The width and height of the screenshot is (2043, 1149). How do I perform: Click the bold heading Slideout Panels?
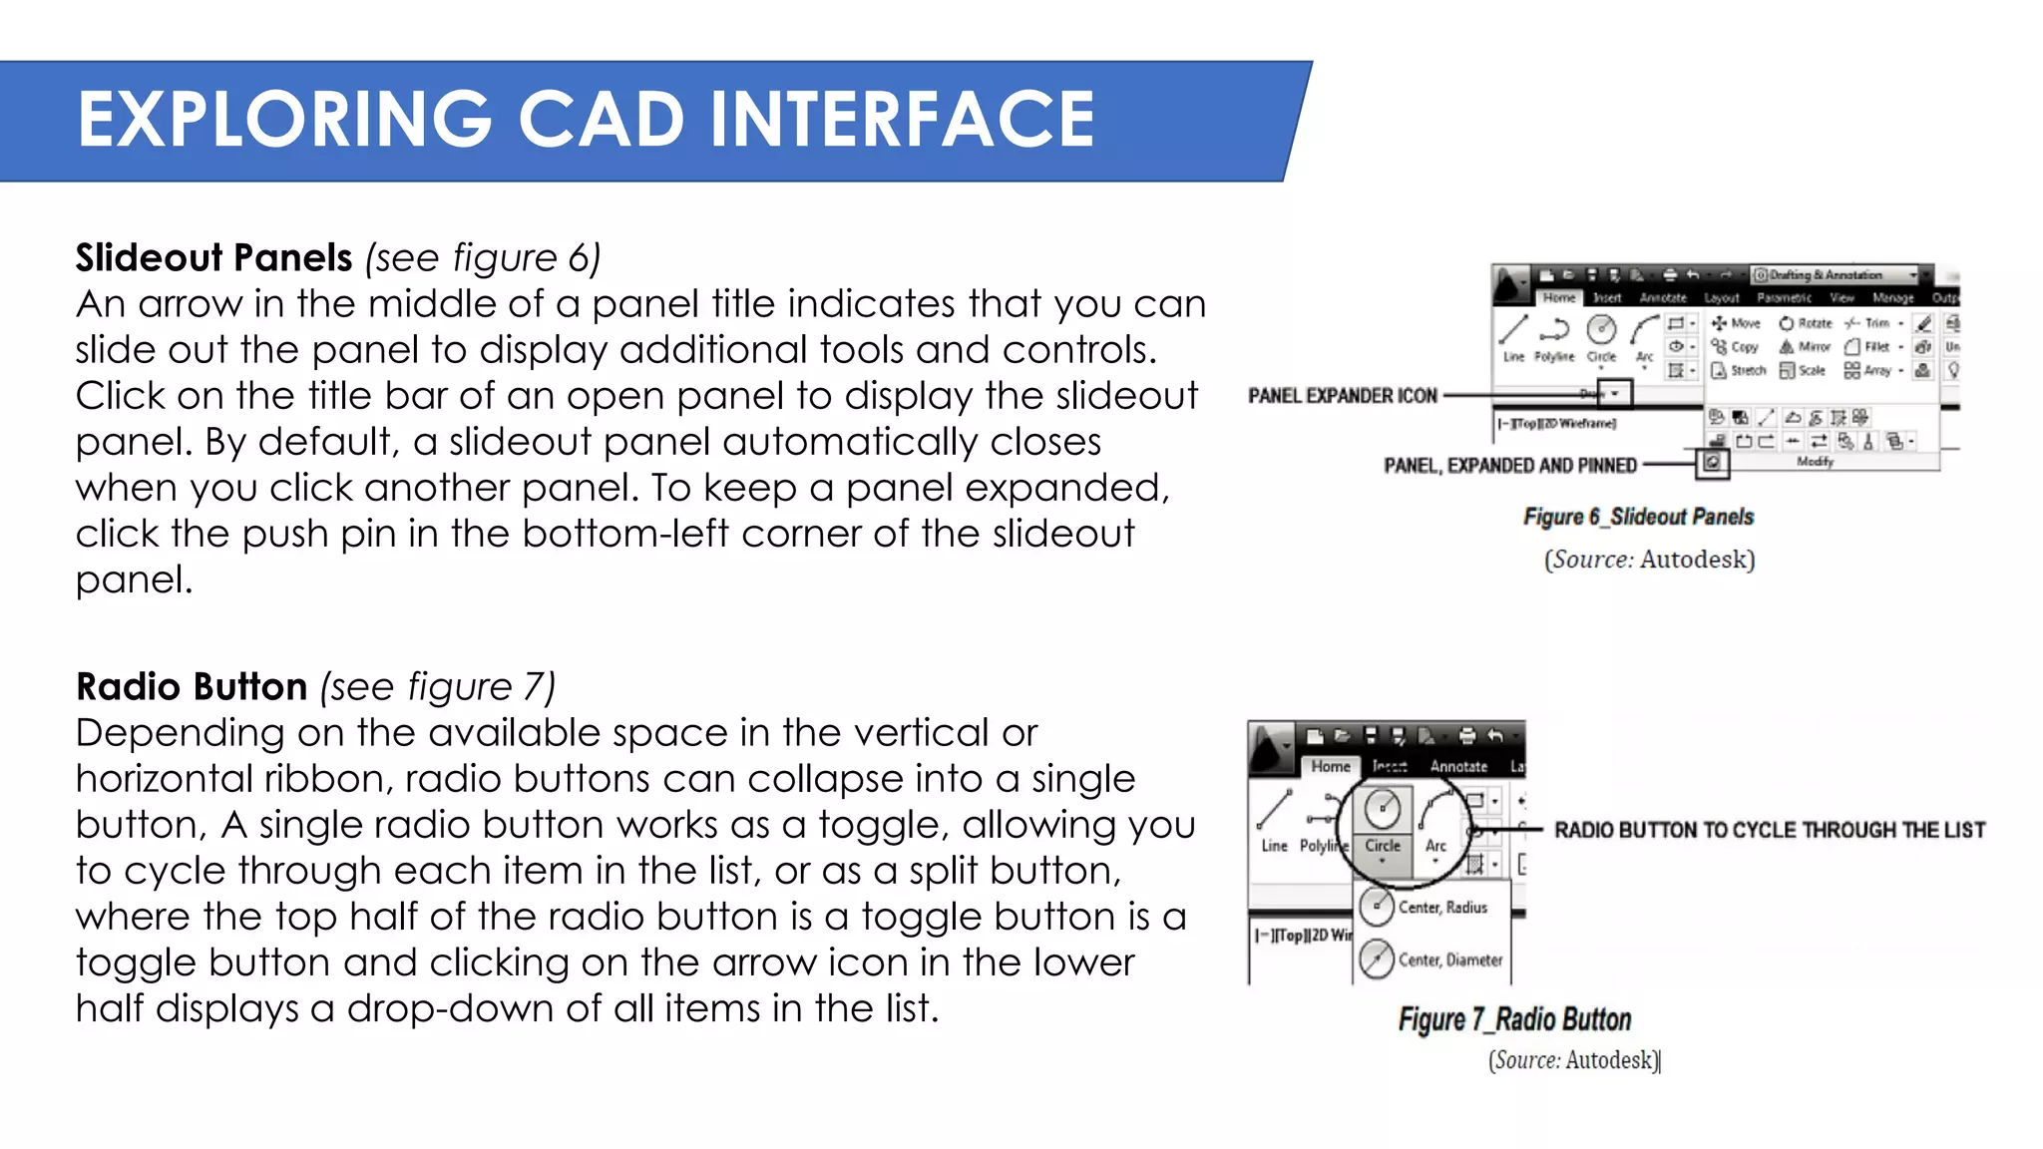(213, 258)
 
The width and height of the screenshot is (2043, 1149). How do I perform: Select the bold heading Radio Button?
(192, 687)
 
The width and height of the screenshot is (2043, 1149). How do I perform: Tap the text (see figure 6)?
(483, 258)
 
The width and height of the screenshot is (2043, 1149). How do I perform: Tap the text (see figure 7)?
(437, 687)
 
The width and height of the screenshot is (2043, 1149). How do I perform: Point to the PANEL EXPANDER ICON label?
(1342, 396)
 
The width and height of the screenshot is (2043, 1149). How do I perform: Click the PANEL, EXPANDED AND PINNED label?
(1509, 466)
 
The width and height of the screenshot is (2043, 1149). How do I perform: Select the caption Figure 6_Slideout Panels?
(1637, 517)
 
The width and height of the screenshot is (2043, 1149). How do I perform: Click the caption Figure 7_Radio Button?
(1514, 1019)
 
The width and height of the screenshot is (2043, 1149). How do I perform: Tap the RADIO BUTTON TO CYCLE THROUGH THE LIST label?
(1769, 830)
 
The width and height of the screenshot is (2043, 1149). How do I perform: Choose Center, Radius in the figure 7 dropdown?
(1441, 907)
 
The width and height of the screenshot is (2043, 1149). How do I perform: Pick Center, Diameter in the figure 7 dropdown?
(1448, 959)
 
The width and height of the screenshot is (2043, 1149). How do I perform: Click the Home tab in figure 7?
(1330, 766)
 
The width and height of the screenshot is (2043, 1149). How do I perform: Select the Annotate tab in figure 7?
(1458, 766)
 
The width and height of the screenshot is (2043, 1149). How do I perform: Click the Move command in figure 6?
(1737, 323)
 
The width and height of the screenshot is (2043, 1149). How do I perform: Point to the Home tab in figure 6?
(1558, 297)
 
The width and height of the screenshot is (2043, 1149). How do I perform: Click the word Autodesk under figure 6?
(1695, 560)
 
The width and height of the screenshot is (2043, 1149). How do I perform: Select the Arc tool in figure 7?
(1435, 818)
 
